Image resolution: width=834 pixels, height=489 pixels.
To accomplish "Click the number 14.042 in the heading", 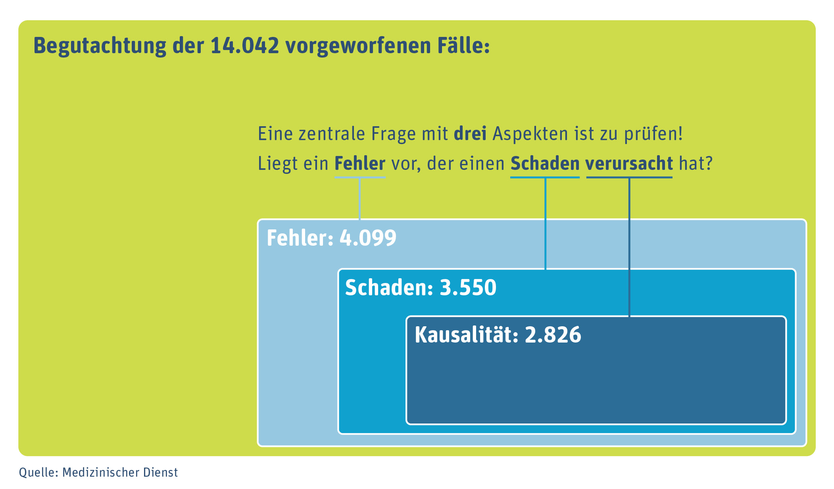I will (245, 46).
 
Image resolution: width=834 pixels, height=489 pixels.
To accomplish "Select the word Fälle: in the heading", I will (463, 46).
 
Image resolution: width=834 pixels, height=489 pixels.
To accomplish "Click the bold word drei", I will (470, 134).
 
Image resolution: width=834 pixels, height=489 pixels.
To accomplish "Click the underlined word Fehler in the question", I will (360, 164).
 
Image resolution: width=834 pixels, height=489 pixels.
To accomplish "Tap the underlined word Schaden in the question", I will (545, 164).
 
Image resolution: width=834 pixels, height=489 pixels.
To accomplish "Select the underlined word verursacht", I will (629, 164).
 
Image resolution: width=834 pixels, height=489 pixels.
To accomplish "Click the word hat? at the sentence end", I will (696, 164).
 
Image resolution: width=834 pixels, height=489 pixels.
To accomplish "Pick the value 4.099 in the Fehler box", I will (368, 238).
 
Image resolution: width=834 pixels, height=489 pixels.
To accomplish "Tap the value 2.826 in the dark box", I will (553, 335).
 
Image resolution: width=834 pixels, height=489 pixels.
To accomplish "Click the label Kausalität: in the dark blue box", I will (467, 335).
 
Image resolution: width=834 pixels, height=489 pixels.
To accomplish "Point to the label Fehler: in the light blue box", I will (300, 238).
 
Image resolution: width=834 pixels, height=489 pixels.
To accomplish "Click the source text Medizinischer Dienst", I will (120, 472).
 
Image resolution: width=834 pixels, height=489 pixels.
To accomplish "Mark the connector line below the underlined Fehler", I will (359, 198).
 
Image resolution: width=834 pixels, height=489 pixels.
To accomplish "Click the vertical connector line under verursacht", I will (629, 246).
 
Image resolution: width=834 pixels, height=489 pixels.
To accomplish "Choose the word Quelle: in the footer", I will (38, 472).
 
